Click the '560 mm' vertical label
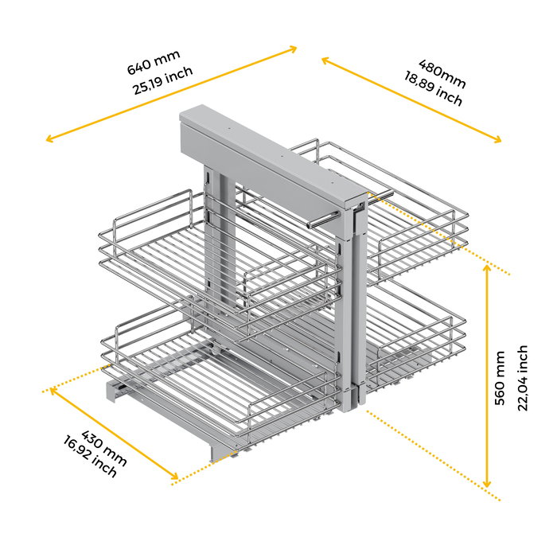click(500, 379)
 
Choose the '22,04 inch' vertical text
click(523, 378)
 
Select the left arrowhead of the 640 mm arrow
click(50, 139)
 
